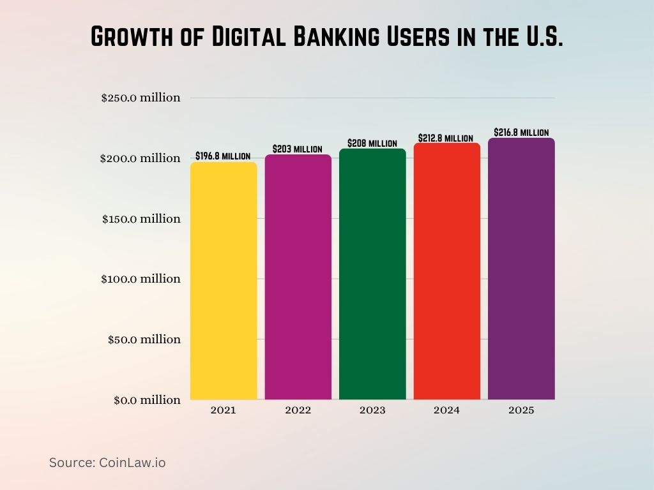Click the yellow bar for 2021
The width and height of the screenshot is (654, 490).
coord(224,281)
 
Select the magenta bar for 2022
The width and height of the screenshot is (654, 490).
coord(298,277)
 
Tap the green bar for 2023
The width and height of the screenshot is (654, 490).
coord(372,274)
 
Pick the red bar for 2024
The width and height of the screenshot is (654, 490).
coord(446,271)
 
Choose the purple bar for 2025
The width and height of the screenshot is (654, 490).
coord(521,269)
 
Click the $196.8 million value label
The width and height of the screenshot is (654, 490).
coord(223,156)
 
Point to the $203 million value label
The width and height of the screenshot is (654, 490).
coord(298,149)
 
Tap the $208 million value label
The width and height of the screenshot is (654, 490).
coord(372,143)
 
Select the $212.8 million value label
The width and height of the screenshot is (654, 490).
coord(446,138)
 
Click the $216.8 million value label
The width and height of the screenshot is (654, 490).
coord(521,132)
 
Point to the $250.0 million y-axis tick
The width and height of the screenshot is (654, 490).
coord(141,98)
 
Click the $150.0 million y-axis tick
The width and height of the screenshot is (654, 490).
coord(141,218)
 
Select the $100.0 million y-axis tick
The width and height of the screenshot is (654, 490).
coord(141,279)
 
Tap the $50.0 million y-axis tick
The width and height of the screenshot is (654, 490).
coord(144,339)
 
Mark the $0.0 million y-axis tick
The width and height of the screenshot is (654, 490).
coord(147,400)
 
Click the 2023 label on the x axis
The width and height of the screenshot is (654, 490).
coord(372,410)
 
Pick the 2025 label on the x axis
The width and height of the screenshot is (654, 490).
coord(521,410)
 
